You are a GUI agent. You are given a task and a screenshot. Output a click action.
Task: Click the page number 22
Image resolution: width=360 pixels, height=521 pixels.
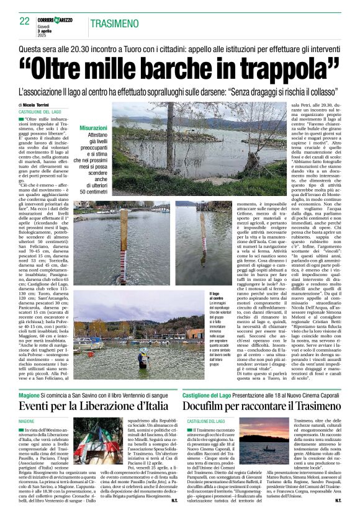(24, 21)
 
